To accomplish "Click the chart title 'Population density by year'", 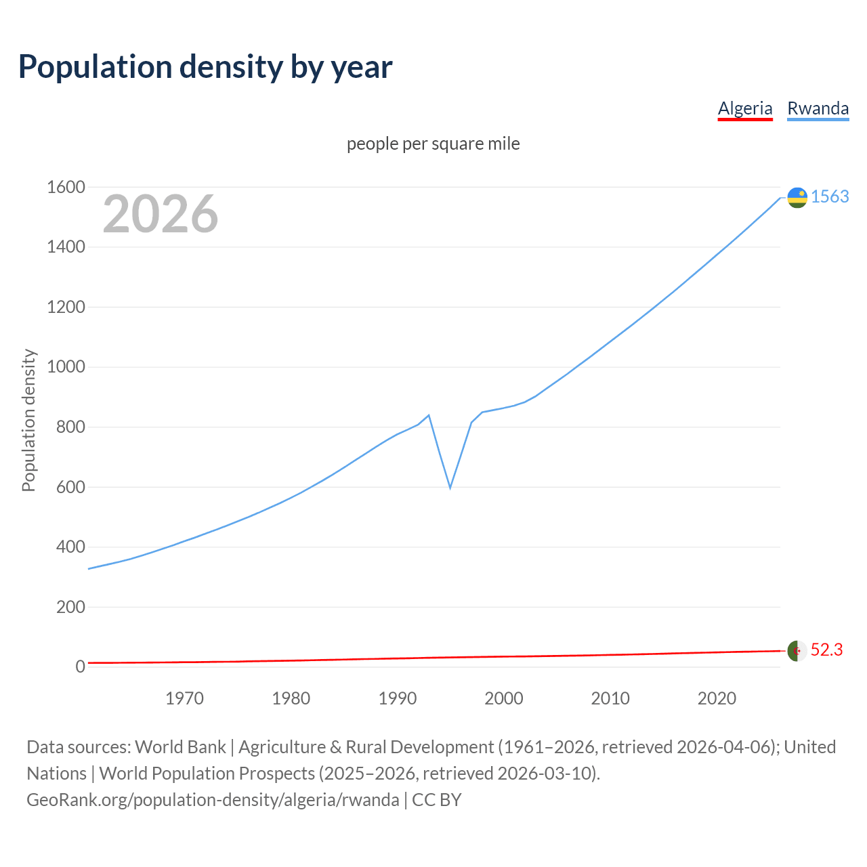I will point(205,67).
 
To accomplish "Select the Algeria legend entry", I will point(745,108).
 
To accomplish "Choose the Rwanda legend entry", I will point(818,108).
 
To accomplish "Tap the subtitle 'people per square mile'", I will point(433,144).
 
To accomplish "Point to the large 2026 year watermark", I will point(161,214).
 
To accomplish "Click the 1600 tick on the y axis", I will point(66,188).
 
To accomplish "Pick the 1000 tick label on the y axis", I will point(66,367).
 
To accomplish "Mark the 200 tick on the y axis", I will point(70,607).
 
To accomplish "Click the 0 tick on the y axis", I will point(80,667).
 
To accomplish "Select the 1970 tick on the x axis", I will point(184,698).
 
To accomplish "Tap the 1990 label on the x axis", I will point(398,698).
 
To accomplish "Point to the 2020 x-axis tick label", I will point(717,698).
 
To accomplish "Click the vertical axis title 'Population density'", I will point(28,420).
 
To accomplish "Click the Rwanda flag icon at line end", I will point(797,197).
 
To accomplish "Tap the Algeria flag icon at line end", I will point(797,650).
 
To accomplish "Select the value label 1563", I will point(830,196).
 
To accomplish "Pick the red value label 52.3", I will point(826,650).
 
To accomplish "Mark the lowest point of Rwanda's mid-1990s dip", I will point(450,488).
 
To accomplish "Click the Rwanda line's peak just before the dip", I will point(429,415).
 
